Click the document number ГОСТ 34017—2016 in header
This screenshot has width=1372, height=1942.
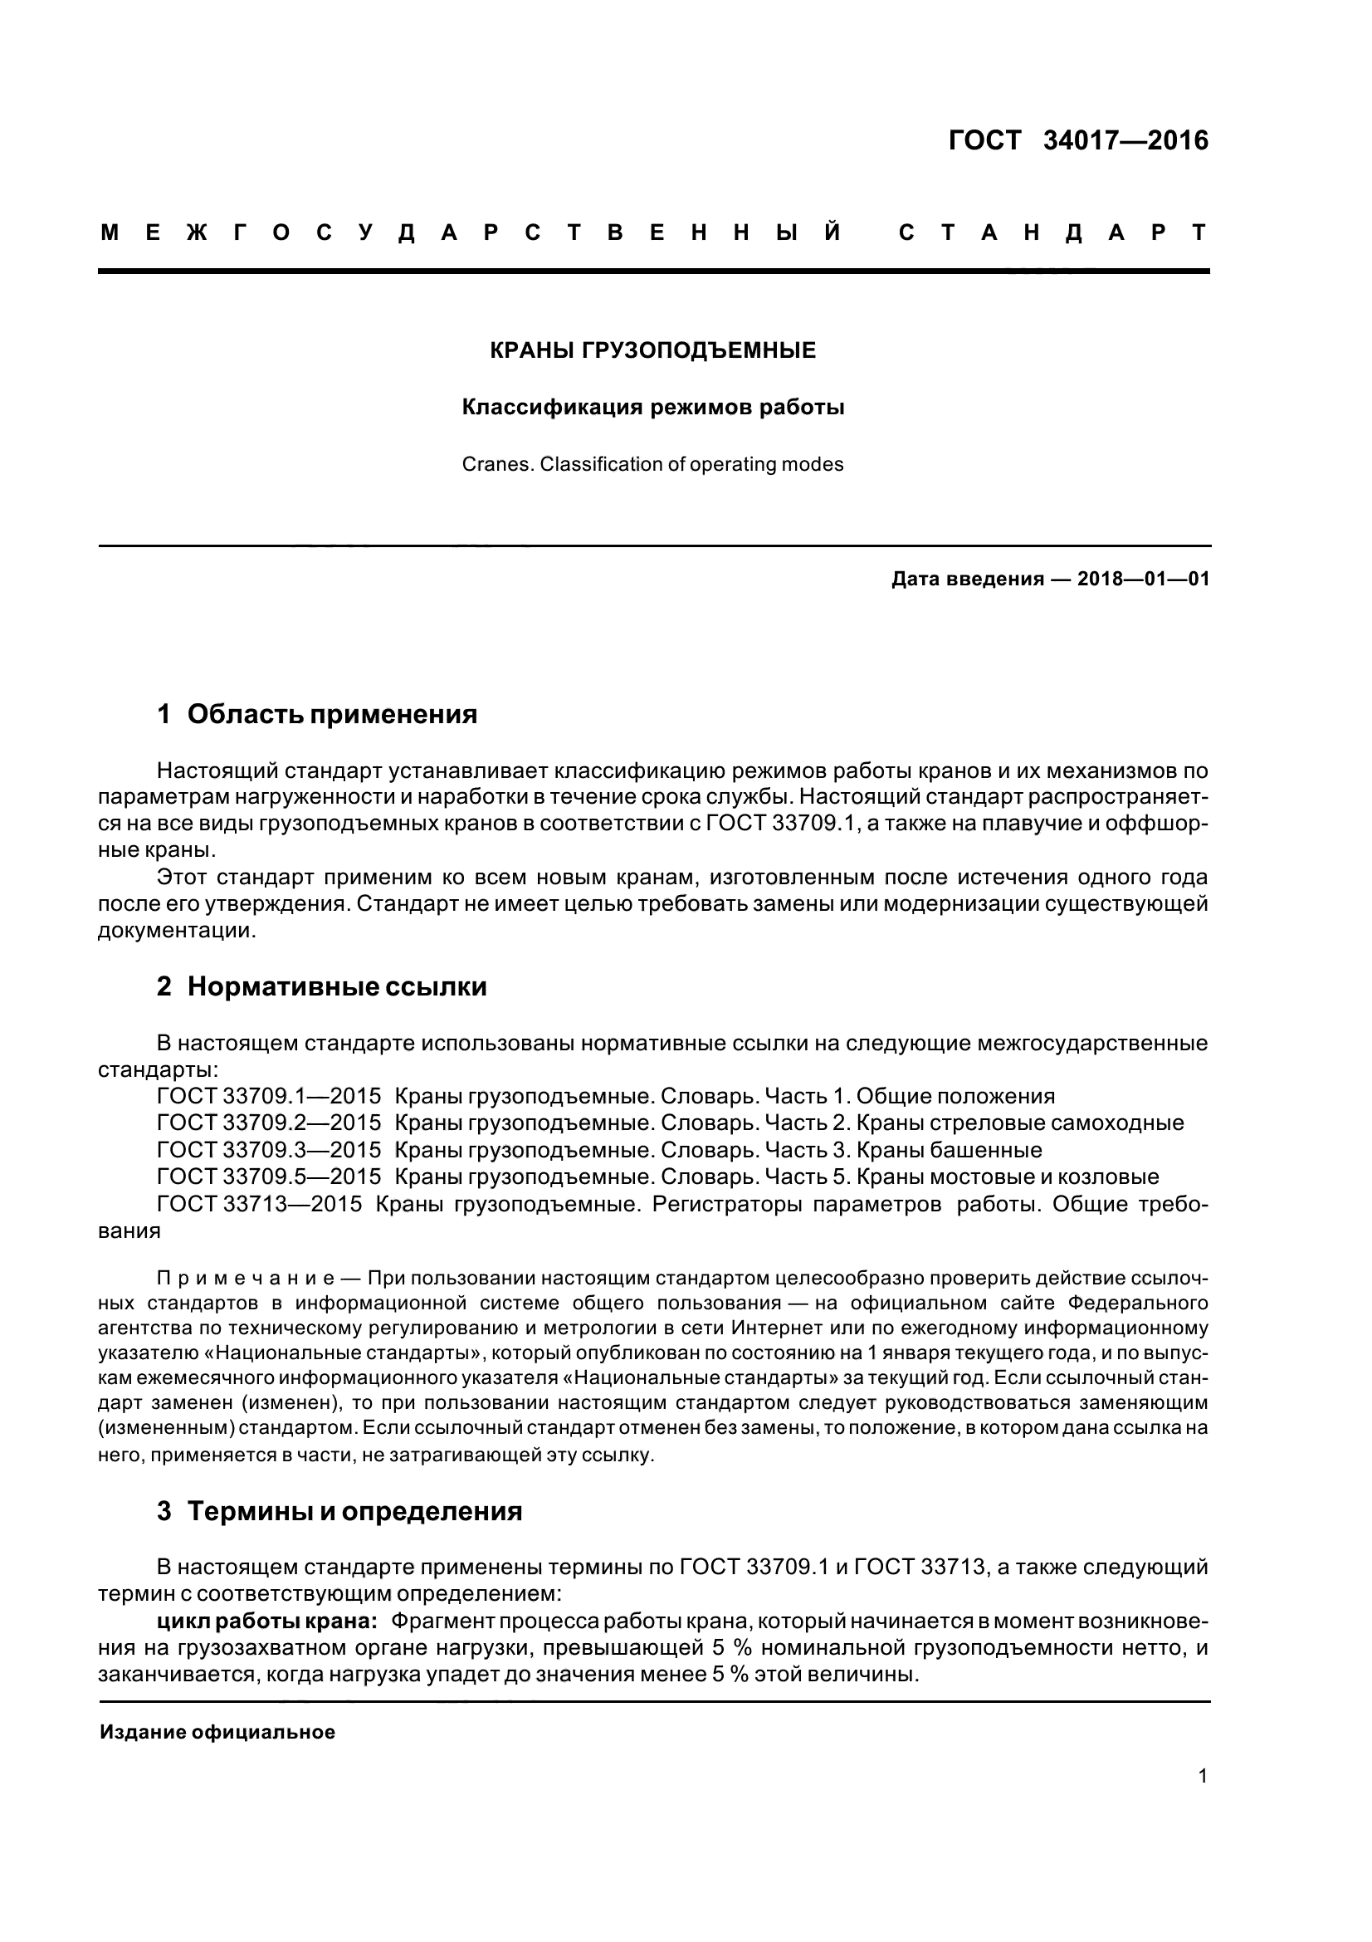click(1078, 140)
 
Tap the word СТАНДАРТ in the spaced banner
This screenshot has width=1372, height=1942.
click(1052, 233)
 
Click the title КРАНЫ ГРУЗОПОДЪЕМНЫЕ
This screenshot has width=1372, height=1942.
click(652, 350)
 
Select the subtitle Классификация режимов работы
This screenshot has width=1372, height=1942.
click(652, 408)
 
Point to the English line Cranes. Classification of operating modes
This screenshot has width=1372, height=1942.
click(652, 464)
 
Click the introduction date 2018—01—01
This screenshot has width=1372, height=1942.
click(1144, 580)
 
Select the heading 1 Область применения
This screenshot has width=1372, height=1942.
click(317, 715)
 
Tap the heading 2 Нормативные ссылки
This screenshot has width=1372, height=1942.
click(321, 987)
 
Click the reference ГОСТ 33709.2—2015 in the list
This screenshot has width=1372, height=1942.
click(269, 1123)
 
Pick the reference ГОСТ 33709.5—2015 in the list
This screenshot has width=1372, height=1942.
click(269, 1176)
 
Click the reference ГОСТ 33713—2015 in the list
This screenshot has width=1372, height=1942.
click(260, 1204)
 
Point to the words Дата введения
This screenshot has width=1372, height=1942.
click(966, 580)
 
